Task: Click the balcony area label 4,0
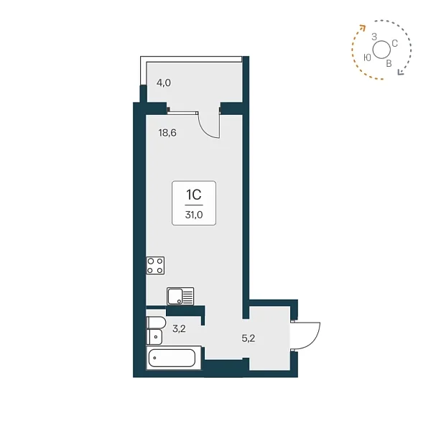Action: coord(164,83)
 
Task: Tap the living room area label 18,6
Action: coord(167,133)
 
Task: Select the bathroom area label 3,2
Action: coord(179,328)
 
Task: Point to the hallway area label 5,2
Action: coord(249,338)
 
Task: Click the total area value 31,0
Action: coord(194,215)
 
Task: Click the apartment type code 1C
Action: coord(194,195)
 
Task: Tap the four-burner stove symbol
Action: coord(155,266)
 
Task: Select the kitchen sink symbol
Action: coord(180,296)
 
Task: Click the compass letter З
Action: coord(374,37)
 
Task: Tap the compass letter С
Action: coord(394,43)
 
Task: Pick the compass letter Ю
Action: coord(367,57)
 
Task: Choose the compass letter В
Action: coord(389,64)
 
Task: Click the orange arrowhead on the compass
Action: coord(363,27)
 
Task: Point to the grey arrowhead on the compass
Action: coord(401,72)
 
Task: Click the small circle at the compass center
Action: coord(381,50)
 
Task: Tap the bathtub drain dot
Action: coord(154,358)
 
